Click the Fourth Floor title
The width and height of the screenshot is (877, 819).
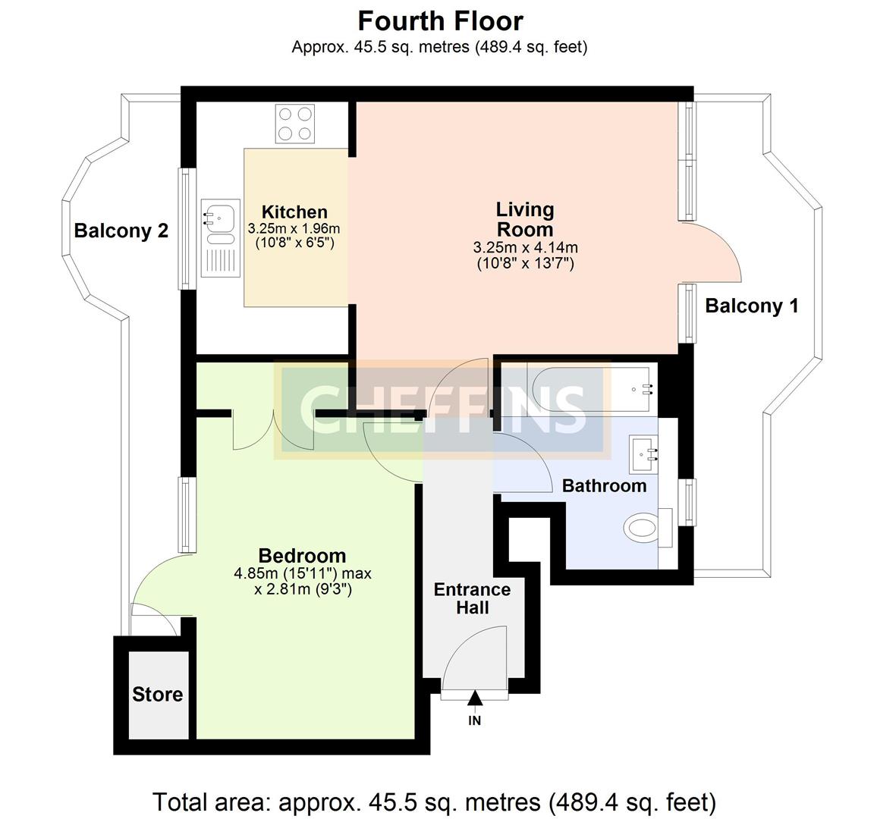[x=440, y=20]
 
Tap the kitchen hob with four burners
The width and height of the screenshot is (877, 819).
[x=295, y=124]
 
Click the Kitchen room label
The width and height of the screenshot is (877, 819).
[x=294, y=212]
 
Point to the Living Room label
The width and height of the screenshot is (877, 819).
[x=525, y=218]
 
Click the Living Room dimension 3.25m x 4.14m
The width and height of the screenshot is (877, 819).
[x=525, y=248]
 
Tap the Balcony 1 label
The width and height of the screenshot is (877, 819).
[x=751, y=306]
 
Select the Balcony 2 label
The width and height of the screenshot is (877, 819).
[x=121, y=231]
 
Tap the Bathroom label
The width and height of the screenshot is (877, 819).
[x=604, y=486]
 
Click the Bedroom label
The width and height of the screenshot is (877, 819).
[x=302, y=556]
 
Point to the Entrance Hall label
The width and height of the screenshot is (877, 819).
[x=472, y=598]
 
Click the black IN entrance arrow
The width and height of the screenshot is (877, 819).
[x=475, y=698]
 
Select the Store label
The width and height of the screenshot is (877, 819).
[x=158, y=695]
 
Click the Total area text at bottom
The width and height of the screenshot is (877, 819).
[x=434, y=802]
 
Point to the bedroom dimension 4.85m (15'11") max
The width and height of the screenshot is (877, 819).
[x=303, y=573]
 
